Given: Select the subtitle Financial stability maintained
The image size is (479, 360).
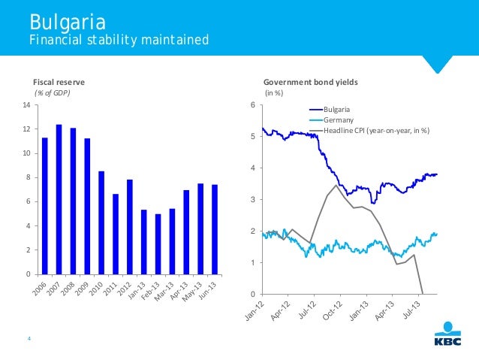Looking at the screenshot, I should [x=119, y=39].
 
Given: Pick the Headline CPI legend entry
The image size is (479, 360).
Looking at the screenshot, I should [x=376, y=130].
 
